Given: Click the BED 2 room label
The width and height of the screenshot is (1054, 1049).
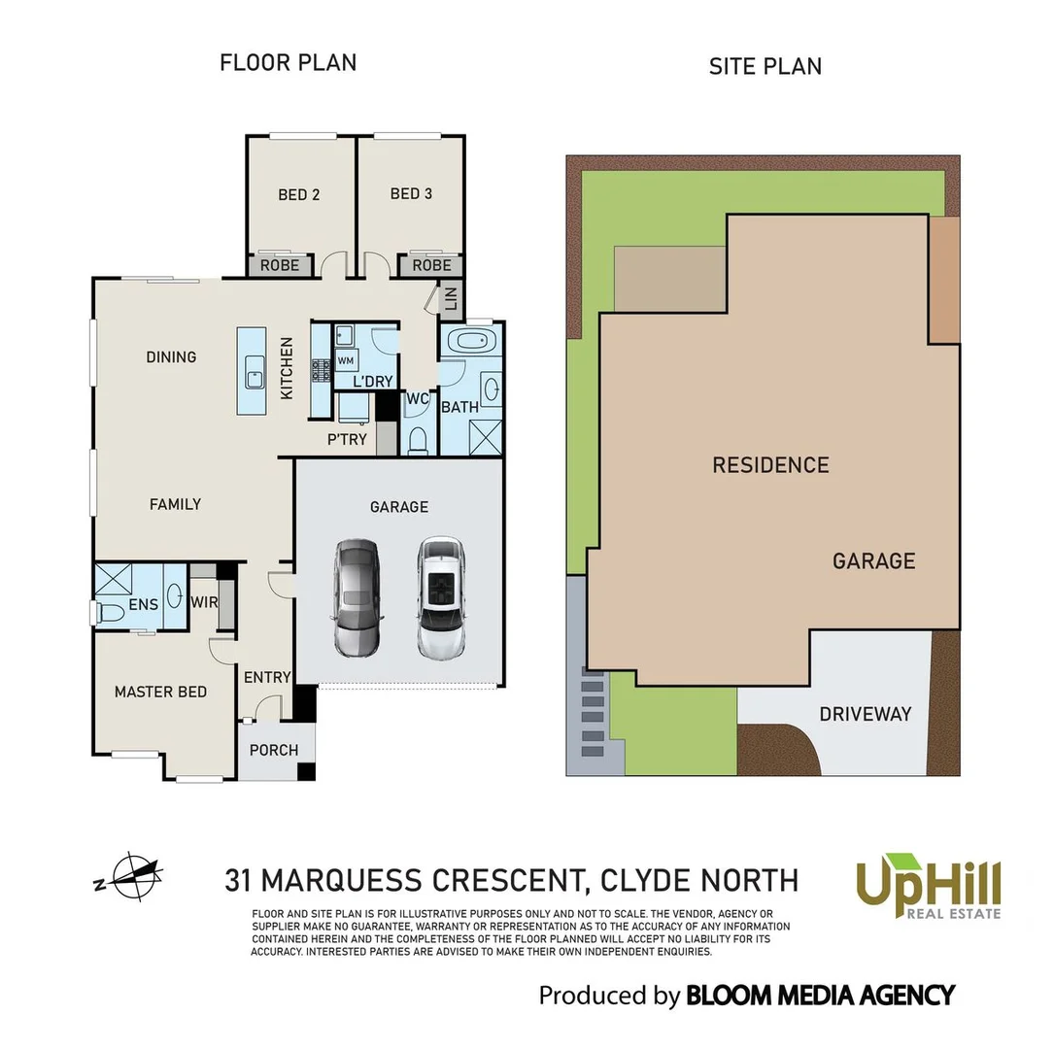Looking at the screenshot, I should (298, 194).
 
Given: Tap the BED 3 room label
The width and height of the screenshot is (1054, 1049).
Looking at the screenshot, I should (411, 193).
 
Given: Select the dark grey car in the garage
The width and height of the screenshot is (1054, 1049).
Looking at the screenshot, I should (356, 596).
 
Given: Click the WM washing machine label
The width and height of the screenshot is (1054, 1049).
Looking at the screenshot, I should (346, 361).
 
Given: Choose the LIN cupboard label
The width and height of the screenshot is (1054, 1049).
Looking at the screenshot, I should (450, 297).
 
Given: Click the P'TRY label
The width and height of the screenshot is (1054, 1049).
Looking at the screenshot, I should (347, 439).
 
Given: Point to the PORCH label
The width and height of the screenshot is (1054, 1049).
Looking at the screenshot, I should (274, 750).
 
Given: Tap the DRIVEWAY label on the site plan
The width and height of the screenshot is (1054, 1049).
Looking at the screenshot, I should (865, 714).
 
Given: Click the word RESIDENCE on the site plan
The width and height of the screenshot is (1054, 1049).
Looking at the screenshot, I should (770, 465).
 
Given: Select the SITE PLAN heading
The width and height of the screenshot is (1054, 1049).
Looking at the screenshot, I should (765, 66).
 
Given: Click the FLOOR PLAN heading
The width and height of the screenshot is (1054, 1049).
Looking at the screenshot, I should (288, 63).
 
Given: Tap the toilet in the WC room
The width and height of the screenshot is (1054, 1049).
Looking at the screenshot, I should (418, 440).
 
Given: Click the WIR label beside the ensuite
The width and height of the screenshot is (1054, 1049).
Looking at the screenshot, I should (204, 602).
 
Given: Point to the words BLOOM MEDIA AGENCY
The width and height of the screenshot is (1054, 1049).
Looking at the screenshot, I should (820, 996).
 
